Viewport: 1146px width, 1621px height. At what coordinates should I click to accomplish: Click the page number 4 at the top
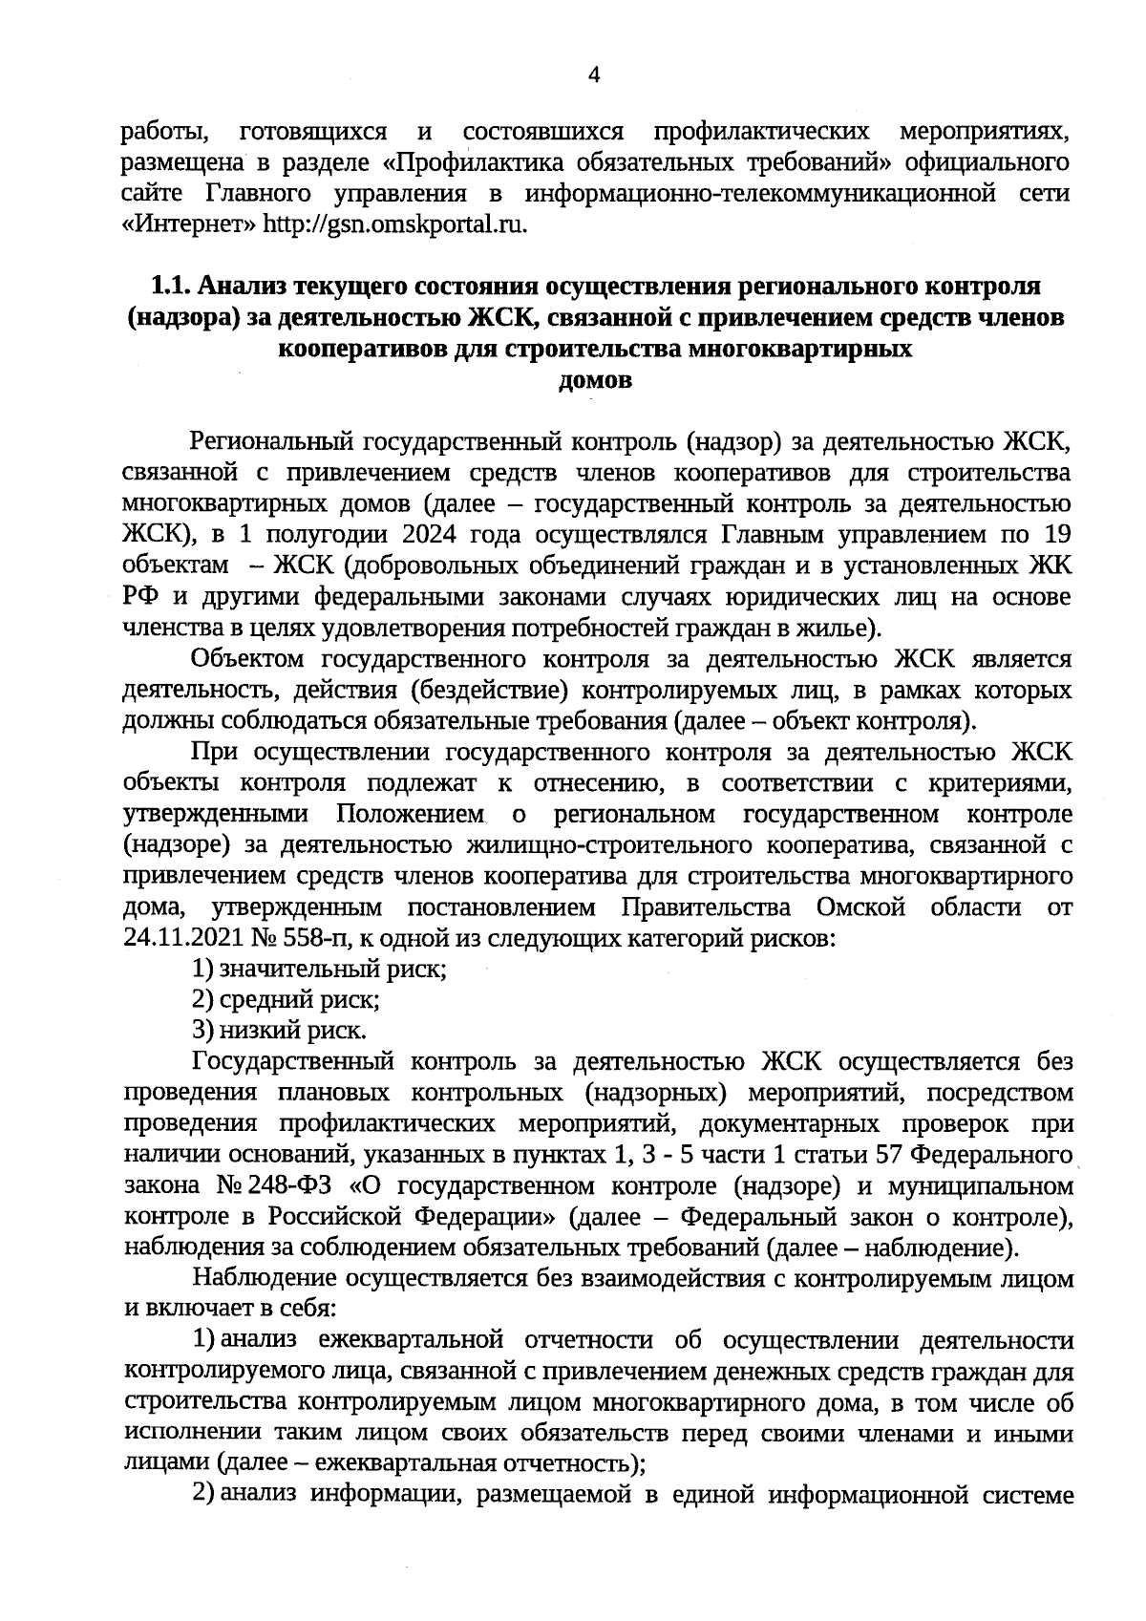pyautogui.click(x=594, y=76)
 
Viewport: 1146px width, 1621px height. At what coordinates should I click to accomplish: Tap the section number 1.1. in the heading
pyautogui.click(x=171, y=287)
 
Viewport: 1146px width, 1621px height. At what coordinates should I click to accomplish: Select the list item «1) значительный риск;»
pyautogui.click(x=320, y=970)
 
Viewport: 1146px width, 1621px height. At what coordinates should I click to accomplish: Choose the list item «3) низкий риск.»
pyautogui.click(x=279, y=1031)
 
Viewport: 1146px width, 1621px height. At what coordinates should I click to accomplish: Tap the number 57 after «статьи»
pyautogui.click(x=888, y=1155)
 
